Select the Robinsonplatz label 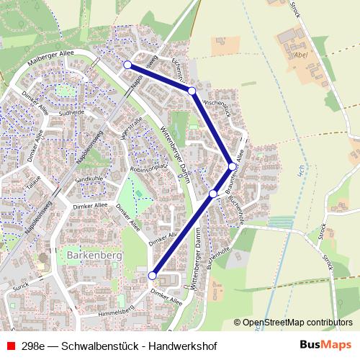(x=148, y=167)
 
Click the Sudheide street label (x=71, y=112)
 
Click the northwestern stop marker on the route (x=127, y=65)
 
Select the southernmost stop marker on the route (x=152, y=276)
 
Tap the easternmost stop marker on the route (x=233, y=166)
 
